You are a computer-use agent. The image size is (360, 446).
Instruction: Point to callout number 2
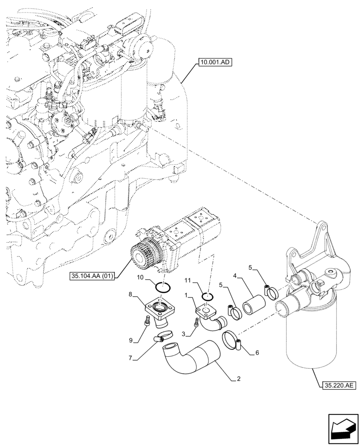pos(239,380)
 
